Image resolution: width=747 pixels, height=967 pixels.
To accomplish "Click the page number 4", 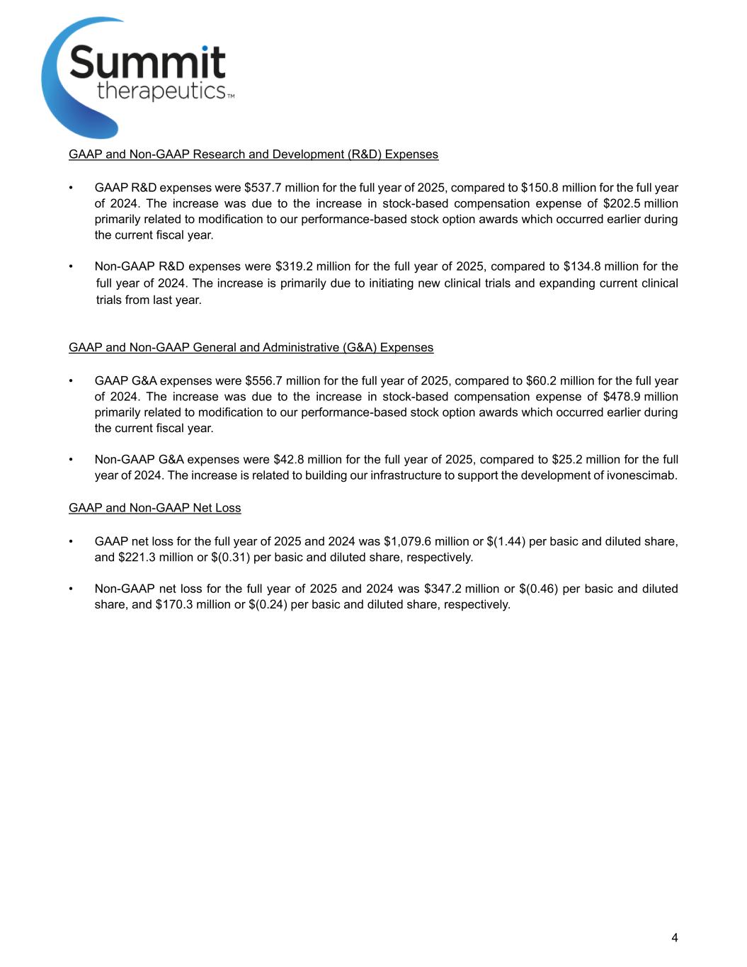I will (x=674, y=938).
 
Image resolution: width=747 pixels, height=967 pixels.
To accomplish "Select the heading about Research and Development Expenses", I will (x=253, y=154).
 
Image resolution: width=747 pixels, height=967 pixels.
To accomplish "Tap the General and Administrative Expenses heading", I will (x=251, y=347).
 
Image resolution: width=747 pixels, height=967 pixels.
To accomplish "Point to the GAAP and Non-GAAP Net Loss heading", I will (x=154, y=508).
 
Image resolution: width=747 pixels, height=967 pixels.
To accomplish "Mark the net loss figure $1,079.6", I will (x=407, y=542).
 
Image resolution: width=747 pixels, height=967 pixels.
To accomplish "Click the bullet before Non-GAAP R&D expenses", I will (x=71, y=267).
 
